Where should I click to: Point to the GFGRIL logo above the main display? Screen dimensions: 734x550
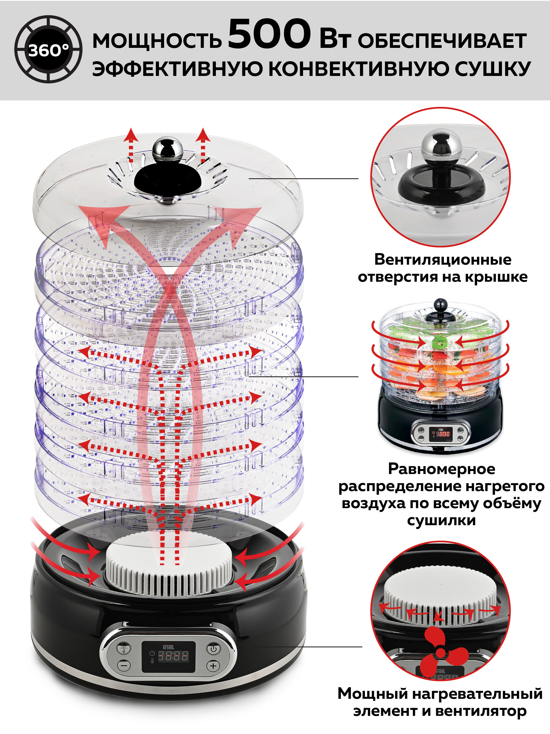point(168,647)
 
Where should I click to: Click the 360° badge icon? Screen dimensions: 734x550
point(48,50)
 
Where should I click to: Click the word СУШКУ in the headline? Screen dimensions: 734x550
point(492,69)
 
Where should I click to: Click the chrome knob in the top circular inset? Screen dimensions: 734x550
point(441,143)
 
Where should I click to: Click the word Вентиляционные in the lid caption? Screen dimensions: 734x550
point(442,259)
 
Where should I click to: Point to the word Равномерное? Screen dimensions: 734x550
point(442,469)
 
